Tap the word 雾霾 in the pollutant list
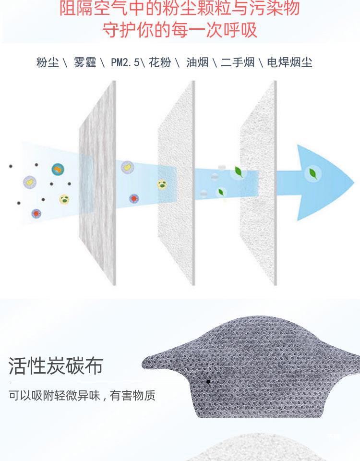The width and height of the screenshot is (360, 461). coord(85,62)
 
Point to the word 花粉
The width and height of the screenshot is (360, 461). coord(160,62)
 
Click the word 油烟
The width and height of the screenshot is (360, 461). coord(197,62)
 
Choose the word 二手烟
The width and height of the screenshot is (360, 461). coord(238,62)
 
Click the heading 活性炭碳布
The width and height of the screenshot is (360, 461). coord(56,365)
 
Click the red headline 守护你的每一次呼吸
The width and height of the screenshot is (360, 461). coord(180,29)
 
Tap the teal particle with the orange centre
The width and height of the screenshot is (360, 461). coord(58,169)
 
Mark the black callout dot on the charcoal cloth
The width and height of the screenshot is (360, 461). coord(208,382)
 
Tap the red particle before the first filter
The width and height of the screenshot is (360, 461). coord(36,213)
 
